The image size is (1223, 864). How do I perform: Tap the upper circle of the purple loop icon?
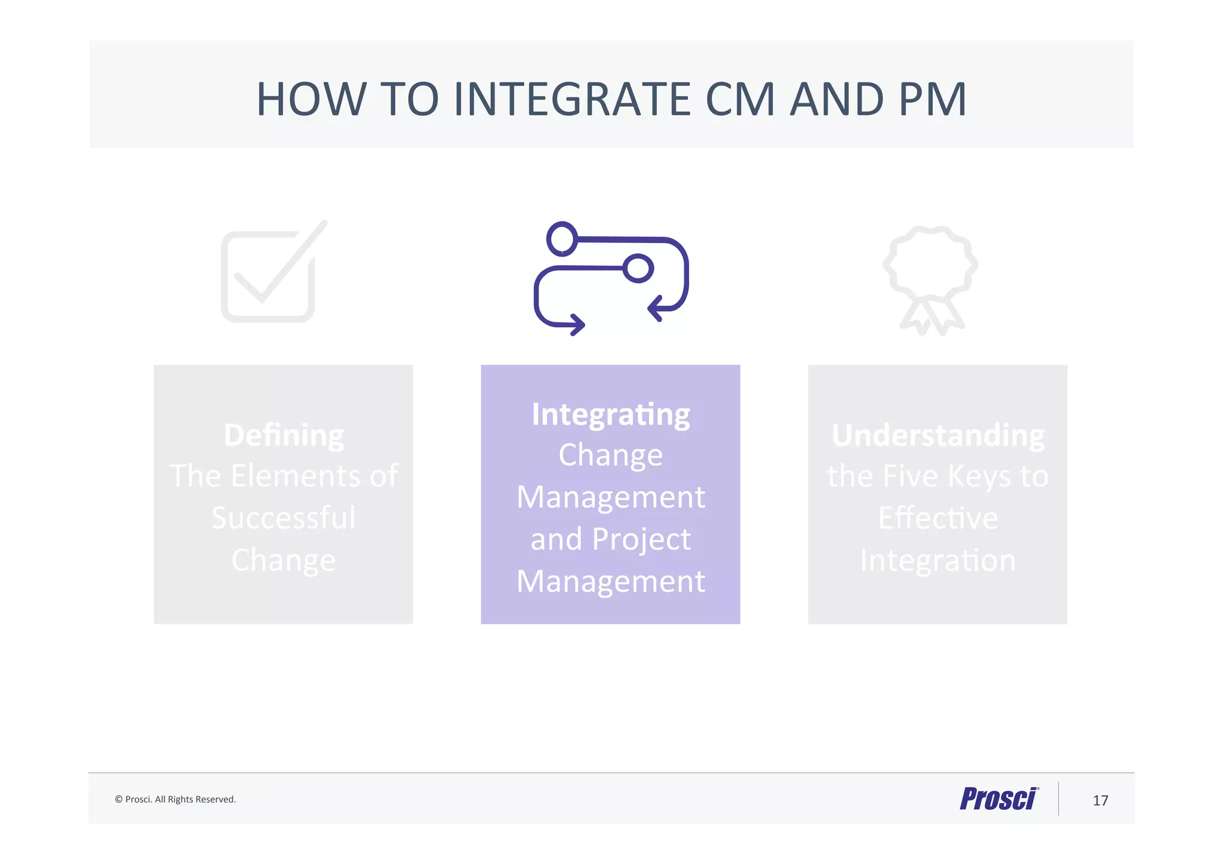[562, 238]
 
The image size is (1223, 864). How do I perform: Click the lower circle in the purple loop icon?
[638, 268]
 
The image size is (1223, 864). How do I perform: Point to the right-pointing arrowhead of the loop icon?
[577, 325]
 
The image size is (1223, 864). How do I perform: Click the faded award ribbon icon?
[930, 278]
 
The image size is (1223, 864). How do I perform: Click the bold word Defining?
[284, 435]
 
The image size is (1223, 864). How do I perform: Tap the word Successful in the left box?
[284, 518]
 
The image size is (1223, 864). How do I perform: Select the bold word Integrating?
[610, 414]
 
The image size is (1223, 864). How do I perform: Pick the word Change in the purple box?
[610, 455]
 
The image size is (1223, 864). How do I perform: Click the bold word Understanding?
[938, 435]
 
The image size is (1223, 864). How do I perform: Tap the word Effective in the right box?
[938, 518]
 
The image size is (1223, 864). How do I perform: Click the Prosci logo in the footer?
[998, 799]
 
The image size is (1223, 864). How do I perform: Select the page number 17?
[1100, 801]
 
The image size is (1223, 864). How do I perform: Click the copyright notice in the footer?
[176, 800]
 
